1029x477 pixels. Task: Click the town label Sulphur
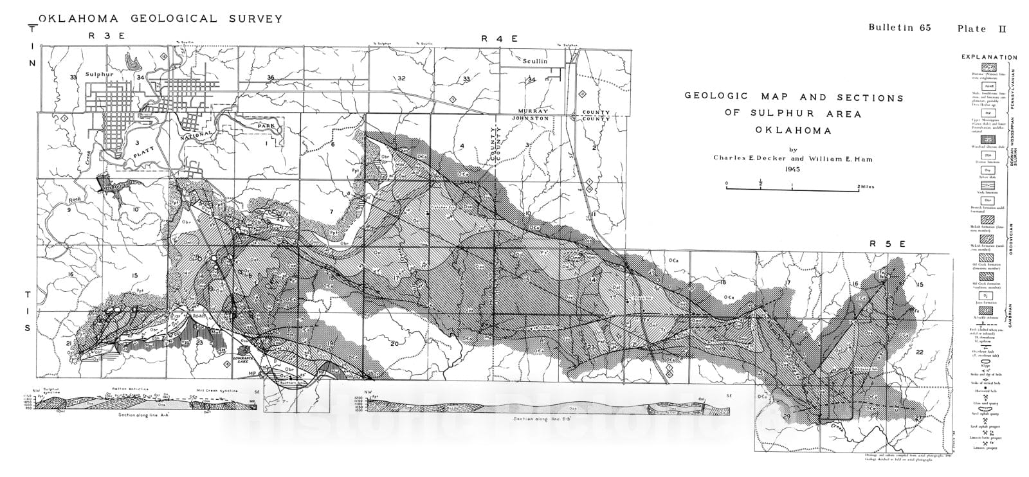tap(98, 75)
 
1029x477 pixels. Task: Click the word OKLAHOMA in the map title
tap(794, 130)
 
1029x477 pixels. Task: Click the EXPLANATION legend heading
tap(989, 57)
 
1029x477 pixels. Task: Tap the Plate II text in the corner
tap(981, 28)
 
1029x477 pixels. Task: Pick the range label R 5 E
tap(888, 244)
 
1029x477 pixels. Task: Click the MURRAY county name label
tap(537, 111)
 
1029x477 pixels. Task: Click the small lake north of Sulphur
tap(134, 62)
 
